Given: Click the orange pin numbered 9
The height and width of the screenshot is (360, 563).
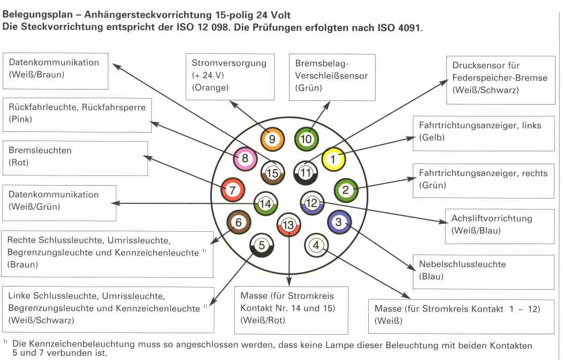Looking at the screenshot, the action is click(x=272, y=139).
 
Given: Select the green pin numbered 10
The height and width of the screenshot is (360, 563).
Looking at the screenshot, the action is click(x=306, y=139).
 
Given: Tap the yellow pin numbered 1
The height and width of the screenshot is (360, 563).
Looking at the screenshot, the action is click(x=334, y=159).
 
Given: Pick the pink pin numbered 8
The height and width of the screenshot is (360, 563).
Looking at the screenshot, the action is click(x=245, y=158).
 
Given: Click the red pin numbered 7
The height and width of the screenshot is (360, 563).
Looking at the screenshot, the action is click(x=232, y=190).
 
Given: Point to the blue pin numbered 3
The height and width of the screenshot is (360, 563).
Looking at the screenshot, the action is click(x=339, y=222).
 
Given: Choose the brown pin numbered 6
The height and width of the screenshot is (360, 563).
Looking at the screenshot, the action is click(x=239, y=223).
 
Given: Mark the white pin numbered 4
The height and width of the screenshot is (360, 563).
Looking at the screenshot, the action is click(x=316, y=245).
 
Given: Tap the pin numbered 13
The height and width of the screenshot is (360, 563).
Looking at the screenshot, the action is click(x=288, y=225).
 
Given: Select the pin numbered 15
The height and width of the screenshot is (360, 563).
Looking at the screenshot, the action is click(x=272, y=173).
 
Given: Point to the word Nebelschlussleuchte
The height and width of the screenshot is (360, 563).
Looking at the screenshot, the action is click(x=462, y=264).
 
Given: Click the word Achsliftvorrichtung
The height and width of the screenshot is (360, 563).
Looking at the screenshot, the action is click(x=492, y=218).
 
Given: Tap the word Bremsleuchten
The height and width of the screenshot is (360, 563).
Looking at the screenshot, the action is click(x=40, y=150).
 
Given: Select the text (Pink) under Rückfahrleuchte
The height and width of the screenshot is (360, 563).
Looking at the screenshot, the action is click(x=20, y=119).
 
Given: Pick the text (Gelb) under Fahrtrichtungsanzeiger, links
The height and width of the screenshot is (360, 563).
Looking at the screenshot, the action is click(x=432, y=137).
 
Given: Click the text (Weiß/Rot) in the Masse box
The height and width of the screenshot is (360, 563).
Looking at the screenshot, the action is click(x=263, y=320).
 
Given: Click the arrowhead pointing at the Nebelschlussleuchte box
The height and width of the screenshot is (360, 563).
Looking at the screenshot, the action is click(x=412, y=267).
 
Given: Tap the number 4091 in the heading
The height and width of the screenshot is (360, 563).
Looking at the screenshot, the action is click(x=409, y=28).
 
